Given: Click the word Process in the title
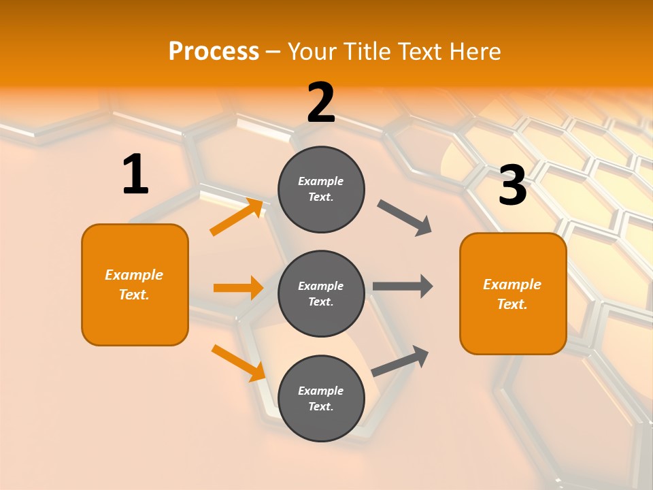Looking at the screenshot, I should pos(214,51).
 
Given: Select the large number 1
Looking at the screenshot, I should pos(135,174).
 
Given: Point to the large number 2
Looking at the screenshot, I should pos(321,103).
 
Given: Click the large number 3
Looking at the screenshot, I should pos(512,186).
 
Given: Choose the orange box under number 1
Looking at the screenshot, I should pos(135,284).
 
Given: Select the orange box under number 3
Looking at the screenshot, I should pos(513,293).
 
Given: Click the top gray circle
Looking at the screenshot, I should pos(321,189).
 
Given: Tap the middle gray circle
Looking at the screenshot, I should pos(321,293).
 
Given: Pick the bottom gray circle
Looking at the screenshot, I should pos(321,398).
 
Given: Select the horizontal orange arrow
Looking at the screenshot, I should pos(238,288).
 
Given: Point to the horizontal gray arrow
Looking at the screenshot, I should pos(403,287).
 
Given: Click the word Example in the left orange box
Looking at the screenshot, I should pos(134,275).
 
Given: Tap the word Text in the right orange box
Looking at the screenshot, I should pos(512,304).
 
